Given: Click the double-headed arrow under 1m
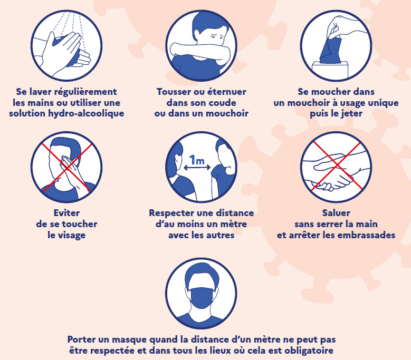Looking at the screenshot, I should pos(197,169).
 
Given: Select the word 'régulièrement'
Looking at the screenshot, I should pos(86,92).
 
